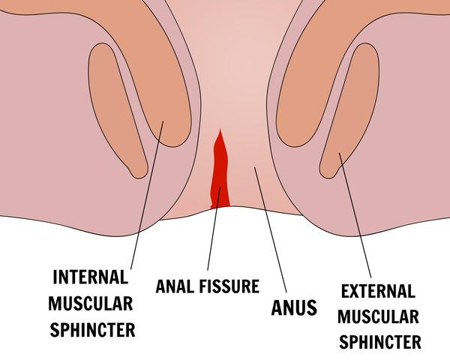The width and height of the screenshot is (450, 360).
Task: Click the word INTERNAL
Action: click(x=91, y=277)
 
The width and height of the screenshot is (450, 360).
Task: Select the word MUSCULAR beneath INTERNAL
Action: click(x=91, y=304)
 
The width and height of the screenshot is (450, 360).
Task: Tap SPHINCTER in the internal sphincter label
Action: click(x=92, y=330)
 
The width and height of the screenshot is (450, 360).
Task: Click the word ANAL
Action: click(x=175, y=286)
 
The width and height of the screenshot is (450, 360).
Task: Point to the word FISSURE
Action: click(x=229, y=286)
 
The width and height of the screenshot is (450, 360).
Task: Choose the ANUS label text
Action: click(x=294, y=307)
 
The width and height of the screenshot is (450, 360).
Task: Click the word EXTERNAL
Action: click(x=378, y=291)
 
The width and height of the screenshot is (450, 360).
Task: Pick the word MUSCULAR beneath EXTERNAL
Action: click(x=378, y=316)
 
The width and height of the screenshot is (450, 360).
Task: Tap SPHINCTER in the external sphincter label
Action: click(x=380, y=342)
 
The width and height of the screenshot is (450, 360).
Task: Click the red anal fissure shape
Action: click(x=220, y=172)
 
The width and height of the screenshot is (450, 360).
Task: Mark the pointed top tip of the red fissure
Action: click(x=220, y=130)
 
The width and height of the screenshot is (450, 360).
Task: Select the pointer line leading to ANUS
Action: click(x=270, y=229)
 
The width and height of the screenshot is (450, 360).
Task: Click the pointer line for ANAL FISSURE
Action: click(x=214, y=229)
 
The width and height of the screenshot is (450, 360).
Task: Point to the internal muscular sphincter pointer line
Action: click(x=147, y=195)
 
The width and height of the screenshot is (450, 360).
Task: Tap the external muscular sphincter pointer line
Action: click(x=355, y=215)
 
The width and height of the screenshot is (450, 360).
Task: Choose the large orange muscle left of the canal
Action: click(x=155, y=72)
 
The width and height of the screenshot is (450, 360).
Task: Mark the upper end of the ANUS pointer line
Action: click(x=254, y=166)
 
